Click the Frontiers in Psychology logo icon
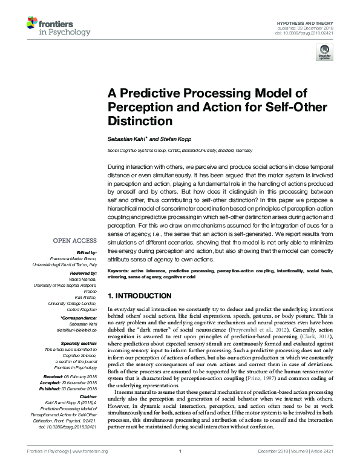(x=33, y=24)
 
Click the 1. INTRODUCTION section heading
(x=139, y=296)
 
